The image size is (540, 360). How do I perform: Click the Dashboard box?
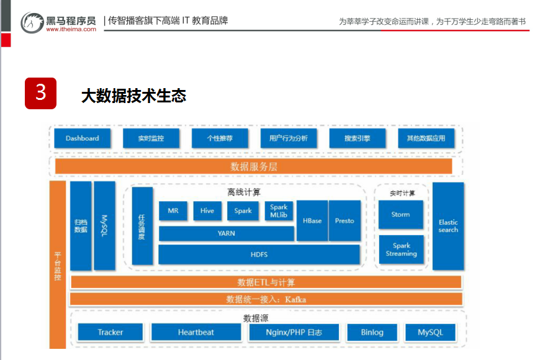pyautogui.click(x=83, y=138)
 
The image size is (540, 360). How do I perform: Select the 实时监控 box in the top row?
pyautogui.click(x=151, y=138)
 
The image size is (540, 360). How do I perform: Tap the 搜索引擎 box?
pyautogui.click(x=357, y=138)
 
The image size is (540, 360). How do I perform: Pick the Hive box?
pyautogui.click(x=207, y=211)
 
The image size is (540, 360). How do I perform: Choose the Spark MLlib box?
pyautogui.click(x=279, y=211)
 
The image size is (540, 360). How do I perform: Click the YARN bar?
pyautogui.click(x=226, y=233)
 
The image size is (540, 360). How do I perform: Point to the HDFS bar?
pyautogui.click(x=259, y=254)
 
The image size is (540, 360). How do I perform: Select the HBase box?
pyautogui.click(x=312, y=221)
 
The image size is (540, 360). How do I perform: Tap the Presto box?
pyautogui.click(x=344, y=221)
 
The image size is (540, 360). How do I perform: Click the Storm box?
pyautogui.click(x=400, y=215)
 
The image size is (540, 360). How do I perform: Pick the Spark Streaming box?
pyautogui.click(x=401, y=250)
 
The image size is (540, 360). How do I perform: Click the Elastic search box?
pyautogui.click(x=448, y=226)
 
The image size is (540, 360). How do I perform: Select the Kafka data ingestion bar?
pyautogui.click(x=266, y=299)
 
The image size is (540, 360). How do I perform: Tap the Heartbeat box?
pyautogui.click(x=196, y=332)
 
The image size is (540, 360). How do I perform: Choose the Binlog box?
pyautogui.click(x=372, y=332)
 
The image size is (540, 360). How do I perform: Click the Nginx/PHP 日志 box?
pyautogui.click(x=294, y=332)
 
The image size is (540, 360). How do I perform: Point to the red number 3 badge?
pyautogui.click(x=40, y=93)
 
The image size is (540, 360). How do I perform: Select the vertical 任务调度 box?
pyautogui.click(x=142, y=226)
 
